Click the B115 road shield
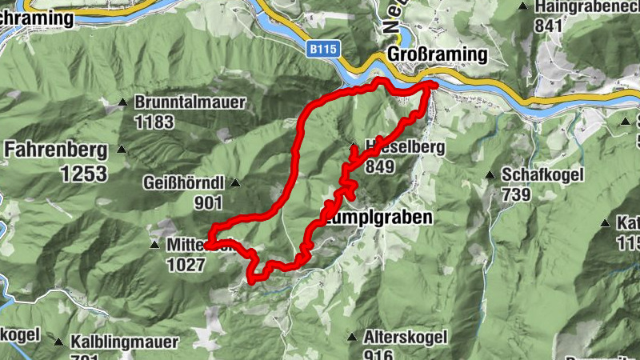click(323, 50)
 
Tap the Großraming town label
click(436, 54)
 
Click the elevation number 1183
click(154, 122)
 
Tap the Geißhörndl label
click(184, 181)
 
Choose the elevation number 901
click(207, 202)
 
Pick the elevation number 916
click(378, 354)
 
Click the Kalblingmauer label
click(123, 342)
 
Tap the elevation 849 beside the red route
click(381, 167)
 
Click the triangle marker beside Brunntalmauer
click(123, 102)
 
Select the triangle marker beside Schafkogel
click(490, 174)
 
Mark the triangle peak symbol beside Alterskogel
click(352, 338)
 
